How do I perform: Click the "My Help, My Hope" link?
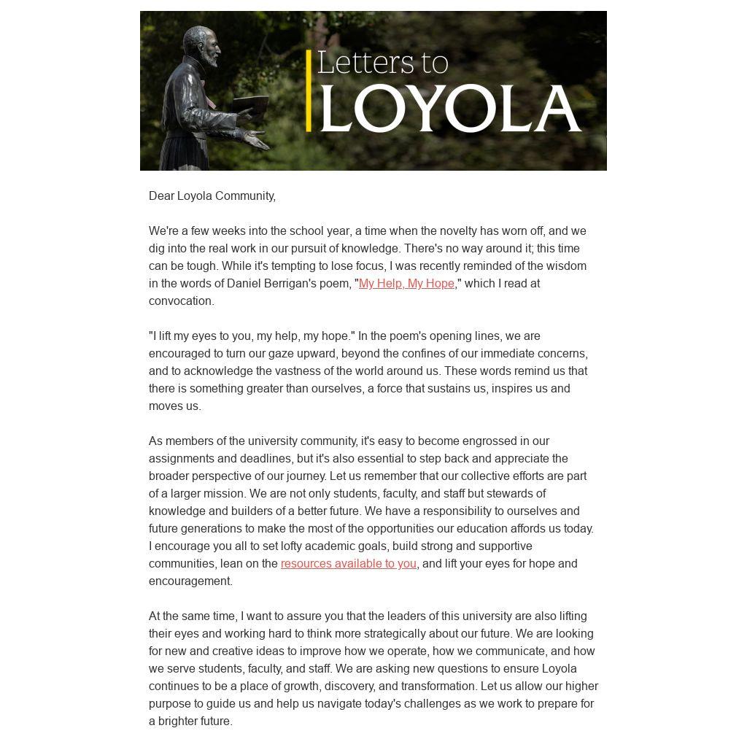406,284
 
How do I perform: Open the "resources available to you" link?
348,564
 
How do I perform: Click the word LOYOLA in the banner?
450,109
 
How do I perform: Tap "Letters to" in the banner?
382,63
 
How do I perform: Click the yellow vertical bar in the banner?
309,90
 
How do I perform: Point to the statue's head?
202,46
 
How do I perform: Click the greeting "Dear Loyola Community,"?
212,196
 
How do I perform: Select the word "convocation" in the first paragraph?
180,301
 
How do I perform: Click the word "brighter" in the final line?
178,721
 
